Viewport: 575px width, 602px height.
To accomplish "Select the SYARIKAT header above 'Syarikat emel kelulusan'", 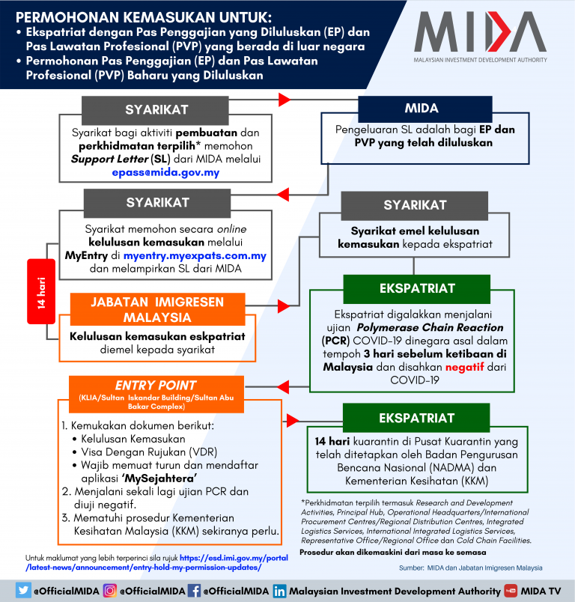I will tap(415, 204).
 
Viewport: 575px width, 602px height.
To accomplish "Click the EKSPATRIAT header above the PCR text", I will tap(416, 288).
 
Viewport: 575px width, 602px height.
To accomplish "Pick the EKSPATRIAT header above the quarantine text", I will tap(416, 416).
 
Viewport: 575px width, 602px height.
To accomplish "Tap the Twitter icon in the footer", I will tap(23, 590).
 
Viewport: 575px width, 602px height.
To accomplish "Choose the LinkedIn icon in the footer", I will tap(279, 590).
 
